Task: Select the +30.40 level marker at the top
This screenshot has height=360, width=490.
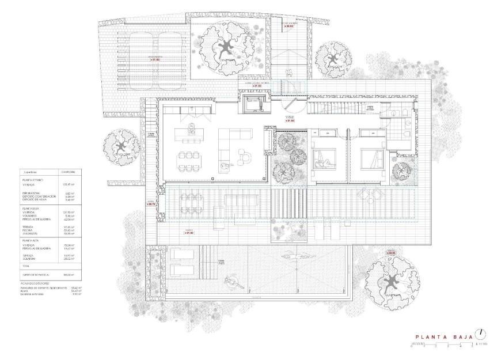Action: tap(287, 26)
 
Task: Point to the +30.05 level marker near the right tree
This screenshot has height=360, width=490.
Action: tap(392, 252)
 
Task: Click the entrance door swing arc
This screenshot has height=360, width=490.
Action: tap(294, 108)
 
